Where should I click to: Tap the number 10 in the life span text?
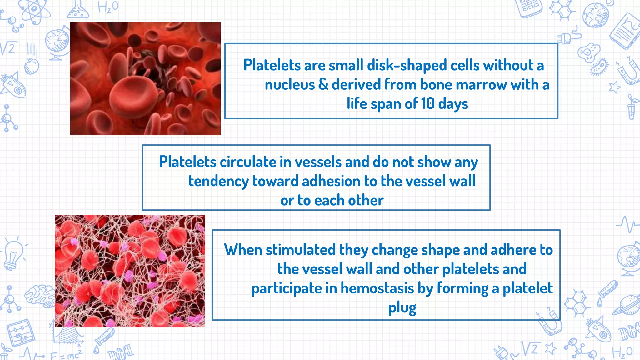tap(427, 103)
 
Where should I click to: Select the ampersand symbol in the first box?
tap(323, 84)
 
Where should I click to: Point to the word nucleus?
tap(290, 85)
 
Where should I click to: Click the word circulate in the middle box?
tap(248, 162)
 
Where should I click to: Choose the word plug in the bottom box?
tap(402, 308)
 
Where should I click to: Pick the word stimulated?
tap(301, 250)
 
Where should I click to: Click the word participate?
tap(286, 288)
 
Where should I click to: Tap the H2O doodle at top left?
tap(108, 7)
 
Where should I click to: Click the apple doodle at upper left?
tap(31, 66)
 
